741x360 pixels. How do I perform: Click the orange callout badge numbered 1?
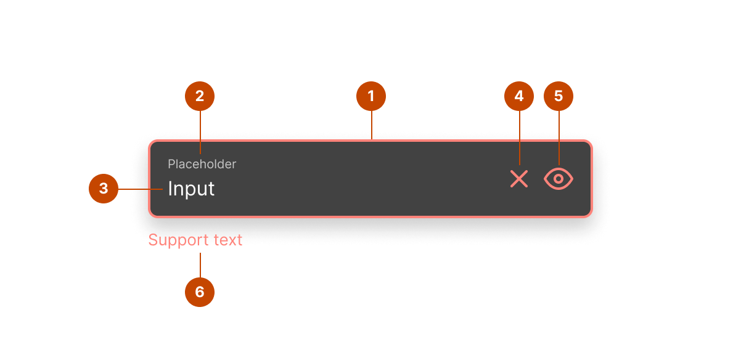(371, 96)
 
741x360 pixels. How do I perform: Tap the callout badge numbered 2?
(200, 96)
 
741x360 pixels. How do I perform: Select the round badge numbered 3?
(104, 189)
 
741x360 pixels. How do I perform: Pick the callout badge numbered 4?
(519, 96)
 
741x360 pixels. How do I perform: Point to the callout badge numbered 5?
(559, 96)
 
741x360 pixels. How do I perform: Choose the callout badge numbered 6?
(200, 292)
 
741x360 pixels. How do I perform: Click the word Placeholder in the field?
(202, 164)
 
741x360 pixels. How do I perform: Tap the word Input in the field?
(191, 189)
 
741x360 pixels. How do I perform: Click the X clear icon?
(519, 179)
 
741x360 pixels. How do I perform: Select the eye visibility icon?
(559, 179)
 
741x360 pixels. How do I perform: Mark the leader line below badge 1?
(371, 126)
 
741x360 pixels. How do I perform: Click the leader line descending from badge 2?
(200, 133)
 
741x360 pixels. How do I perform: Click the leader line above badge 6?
(200, 265)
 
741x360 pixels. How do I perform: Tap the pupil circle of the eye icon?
(559, 179)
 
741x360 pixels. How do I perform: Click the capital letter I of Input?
(170, 189)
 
